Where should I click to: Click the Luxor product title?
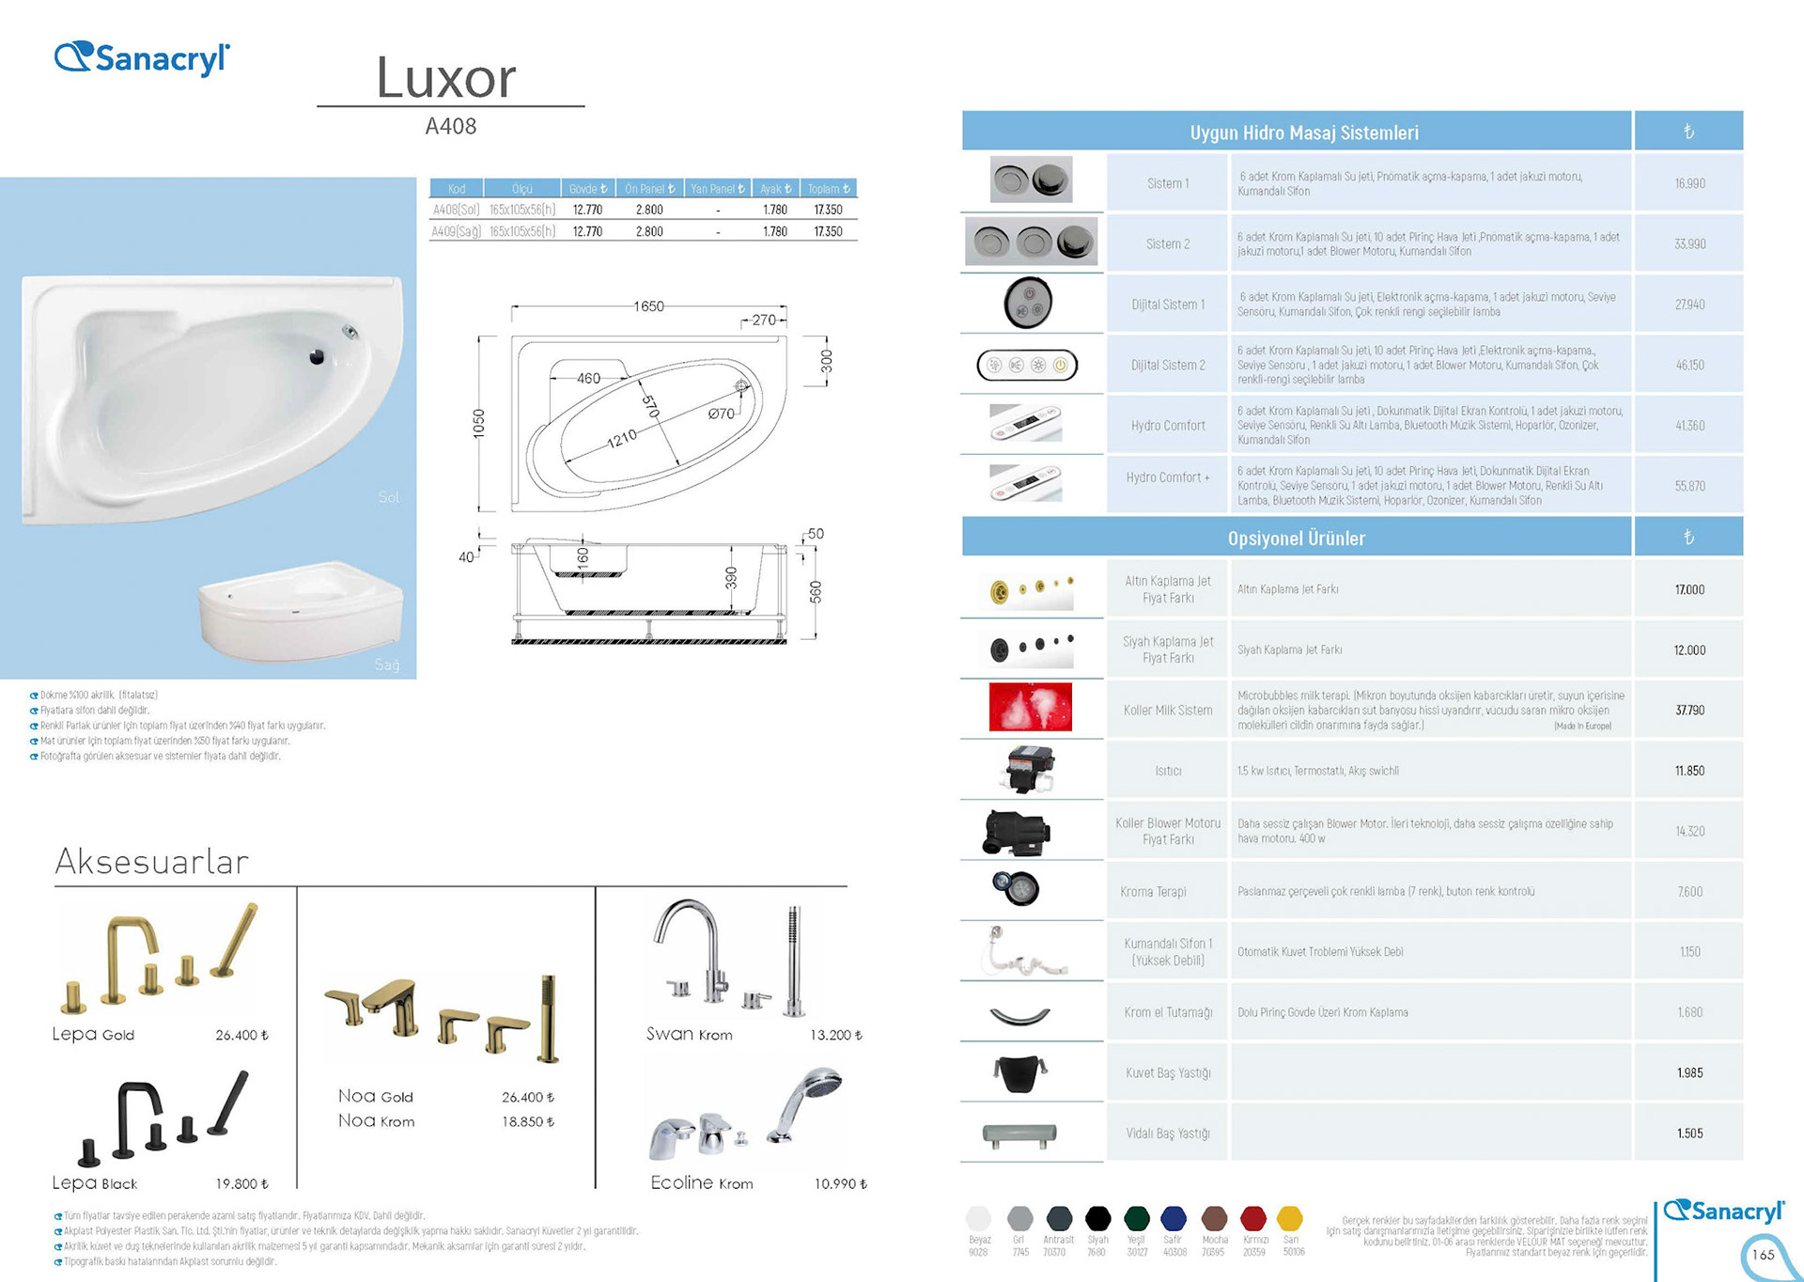point(446,77)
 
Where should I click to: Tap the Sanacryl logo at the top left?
point(142,58)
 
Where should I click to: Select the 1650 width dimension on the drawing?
point(648,306)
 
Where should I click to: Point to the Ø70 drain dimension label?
point(722,414)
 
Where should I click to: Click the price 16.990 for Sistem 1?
point(1689,183)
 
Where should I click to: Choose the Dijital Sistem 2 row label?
point(1168,365)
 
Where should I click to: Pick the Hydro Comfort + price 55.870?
point(1689,486)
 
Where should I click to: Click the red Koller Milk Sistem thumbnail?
point(1030,708)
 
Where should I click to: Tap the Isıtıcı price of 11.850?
point(1689,771)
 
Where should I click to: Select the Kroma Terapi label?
point(1153,892)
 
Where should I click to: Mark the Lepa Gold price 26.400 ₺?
point(241,1035)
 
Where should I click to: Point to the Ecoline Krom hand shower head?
point(819,1081)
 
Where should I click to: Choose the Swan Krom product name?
point(689,1034)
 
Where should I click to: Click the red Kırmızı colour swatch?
point(1253,1219)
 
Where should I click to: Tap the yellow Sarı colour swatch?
point(1290,1219)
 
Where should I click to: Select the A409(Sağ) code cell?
point(456,231)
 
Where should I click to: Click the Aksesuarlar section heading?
point(152,861)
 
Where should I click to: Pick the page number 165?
point(1764,1255)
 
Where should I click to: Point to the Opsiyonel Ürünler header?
point(1296,539)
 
